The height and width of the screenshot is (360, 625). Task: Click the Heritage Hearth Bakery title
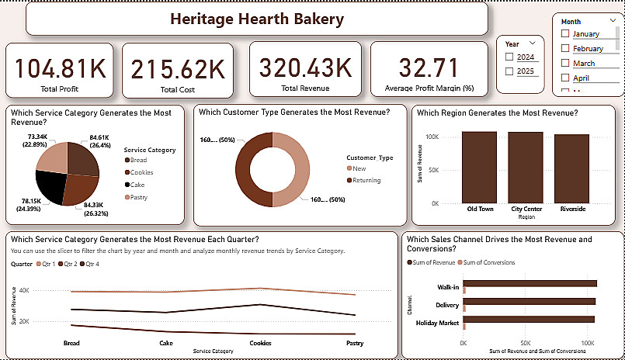(x=256, y=19)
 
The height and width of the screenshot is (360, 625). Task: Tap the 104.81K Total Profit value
(x=60, y=69)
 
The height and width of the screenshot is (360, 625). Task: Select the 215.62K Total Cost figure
(x=178, y=69)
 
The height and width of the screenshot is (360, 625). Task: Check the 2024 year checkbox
(x=509, y=57)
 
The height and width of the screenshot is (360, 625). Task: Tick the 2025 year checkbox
(x=509, y=71)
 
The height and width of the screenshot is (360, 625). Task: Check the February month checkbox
(x=565, y=49)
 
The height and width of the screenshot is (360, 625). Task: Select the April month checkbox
(x=565, y=78)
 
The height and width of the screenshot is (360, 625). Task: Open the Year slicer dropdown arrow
(x=532, y=44)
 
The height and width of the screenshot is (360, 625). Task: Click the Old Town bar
(x=479, y=167)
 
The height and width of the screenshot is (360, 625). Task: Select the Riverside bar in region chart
(x=572, y=168)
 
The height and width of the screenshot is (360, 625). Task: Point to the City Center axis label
(x=526, y=209)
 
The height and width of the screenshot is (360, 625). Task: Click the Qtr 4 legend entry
(x=92, y=263)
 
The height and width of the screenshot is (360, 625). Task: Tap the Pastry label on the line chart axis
(x=355, y=342)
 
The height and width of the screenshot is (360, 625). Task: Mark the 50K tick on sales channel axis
(x=526, y=342)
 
